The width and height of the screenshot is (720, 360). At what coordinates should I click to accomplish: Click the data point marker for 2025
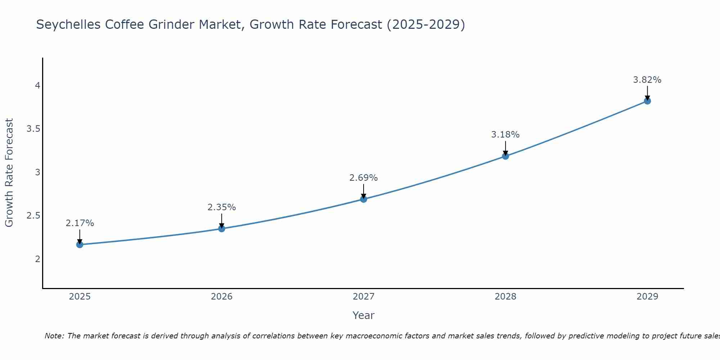(x=80, y=244)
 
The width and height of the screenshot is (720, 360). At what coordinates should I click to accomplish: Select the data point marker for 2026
(x=221, y=229)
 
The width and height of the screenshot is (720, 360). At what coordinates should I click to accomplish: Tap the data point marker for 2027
(x=364, y=199)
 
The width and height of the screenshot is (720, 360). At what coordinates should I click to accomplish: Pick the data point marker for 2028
(x=505, y=156)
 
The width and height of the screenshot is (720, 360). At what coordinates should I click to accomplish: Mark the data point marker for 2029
(x=647, y=101)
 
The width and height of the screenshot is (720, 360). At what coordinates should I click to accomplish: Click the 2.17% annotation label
(x=80, y=223)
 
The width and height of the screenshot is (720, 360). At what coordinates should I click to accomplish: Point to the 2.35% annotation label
(x=221, y=207)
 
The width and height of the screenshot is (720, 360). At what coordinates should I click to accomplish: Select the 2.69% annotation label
(x=364, y=178)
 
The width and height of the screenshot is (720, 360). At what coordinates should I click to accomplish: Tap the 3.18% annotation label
(x=505, y=135)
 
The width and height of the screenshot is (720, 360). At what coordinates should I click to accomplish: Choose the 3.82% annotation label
(x=647, y=80)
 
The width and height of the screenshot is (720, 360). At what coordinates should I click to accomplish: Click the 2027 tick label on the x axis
(x=364, y=297)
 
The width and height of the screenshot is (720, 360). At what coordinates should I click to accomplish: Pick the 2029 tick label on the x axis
(x=647, y=297)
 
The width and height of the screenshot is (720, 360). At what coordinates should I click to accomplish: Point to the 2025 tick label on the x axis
(x=80, y=297)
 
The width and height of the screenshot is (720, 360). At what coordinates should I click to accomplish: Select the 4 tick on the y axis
(x=37, y=86)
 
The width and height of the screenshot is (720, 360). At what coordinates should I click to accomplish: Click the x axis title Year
(x=364, y=315)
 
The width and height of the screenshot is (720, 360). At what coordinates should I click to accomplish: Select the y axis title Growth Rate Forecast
(x=9, y=173)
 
